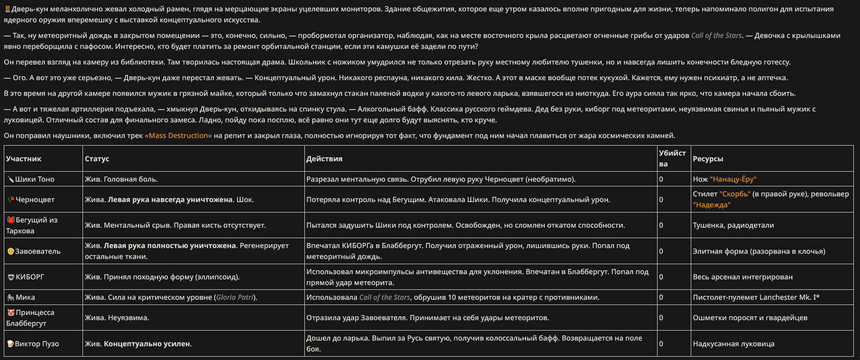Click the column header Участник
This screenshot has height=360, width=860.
pos(24,158)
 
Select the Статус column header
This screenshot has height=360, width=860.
pos(97,158)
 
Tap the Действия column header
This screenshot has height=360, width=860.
pos(324,158)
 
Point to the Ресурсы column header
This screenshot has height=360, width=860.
pos(708,158)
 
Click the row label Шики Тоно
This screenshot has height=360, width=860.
pos(35,179)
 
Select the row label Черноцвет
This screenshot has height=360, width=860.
pos(35,200)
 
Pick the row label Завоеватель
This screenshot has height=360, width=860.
pos(38,251)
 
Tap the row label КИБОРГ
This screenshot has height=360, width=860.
pos(30,277)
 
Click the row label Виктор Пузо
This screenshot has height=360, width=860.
pos(37,344)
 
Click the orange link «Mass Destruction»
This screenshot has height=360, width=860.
pos(178,136)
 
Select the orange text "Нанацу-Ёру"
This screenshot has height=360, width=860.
pos(733,179)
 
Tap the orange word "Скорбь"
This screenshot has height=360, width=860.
pos(735,194)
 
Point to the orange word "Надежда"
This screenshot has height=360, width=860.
pos(712,205)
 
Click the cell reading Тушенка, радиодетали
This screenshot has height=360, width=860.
pos(733,225)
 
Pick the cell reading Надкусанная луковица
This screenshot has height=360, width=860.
pos(733,344)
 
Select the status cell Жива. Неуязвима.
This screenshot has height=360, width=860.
pos(117,318)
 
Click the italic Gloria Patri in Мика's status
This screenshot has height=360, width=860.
pos(235,297)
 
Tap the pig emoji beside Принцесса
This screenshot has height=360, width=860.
pos(10,313)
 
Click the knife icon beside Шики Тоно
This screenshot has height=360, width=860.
pos(10,179)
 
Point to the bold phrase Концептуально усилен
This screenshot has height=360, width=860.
pos(147,344)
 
